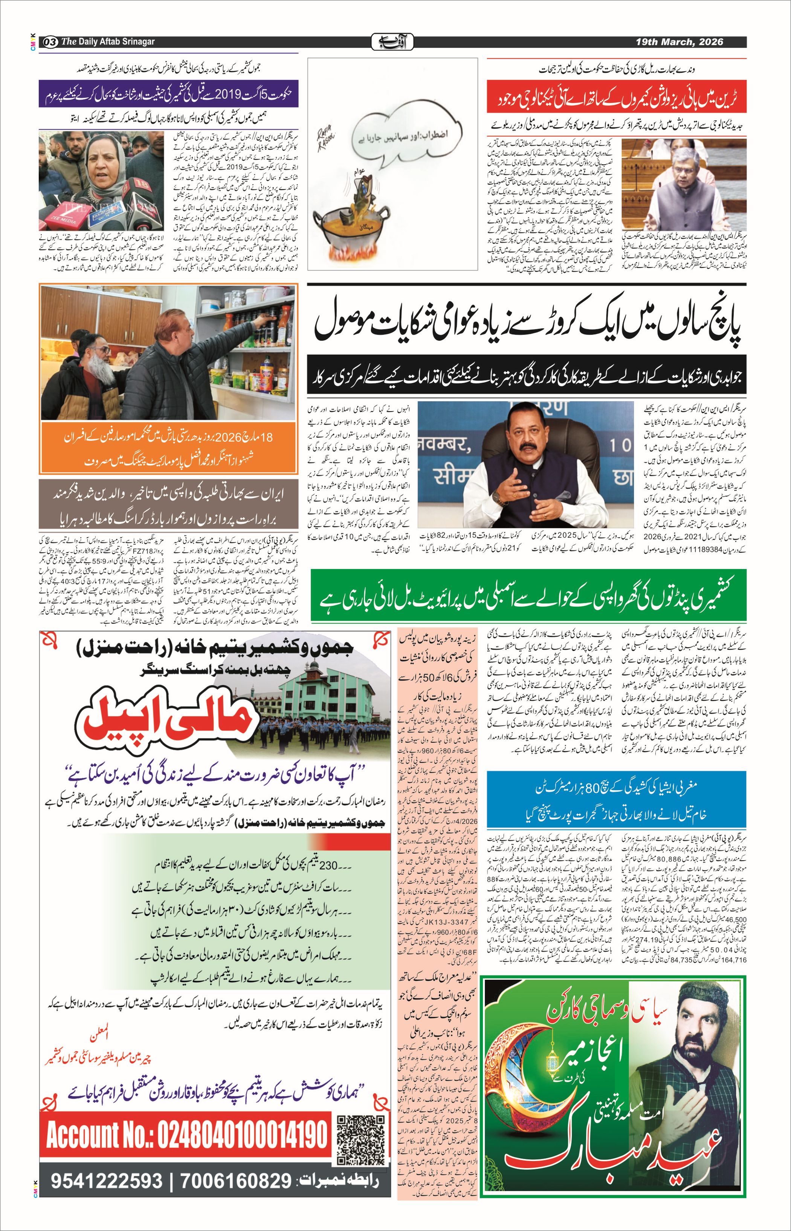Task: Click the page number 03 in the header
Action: (50, 41)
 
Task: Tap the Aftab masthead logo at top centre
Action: (392, 41)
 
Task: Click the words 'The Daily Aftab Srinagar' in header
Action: (107, 41)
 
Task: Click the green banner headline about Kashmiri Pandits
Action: (528, 596)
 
